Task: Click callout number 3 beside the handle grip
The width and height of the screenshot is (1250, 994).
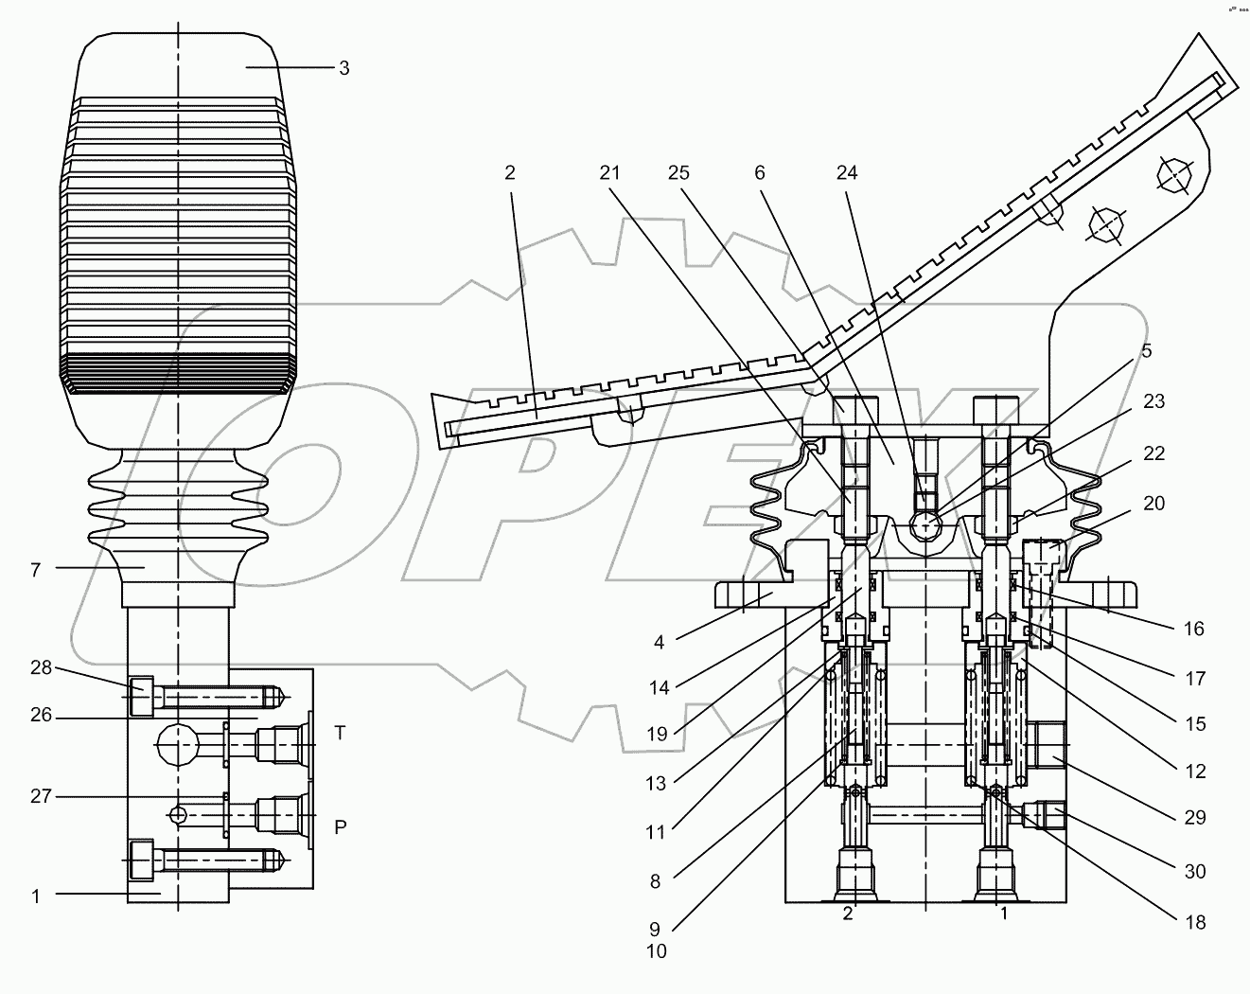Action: (343, 68)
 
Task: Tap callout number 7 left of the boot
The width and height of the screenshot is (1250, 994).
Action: (36, 570)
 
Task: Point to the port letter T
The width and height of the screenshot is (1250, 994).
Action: (341, 733)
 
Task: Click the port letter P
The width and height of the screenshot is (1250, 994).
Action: (341, 825)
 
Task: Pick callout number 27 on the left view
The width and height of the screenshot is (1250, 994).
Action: (40, 796)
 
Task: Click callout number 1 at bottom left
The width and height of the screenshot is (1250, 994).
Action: (36, 896)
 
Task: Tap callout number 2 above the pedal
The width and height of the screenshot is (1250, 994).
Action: (510, 172)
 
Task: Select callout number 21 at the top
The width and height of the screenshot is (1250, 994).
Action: (610, 172)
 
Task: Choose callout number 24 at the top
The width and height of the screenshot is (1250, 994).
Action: (847, 172)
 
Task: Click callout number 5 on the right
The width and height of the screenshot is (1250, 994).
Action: (1146, 351)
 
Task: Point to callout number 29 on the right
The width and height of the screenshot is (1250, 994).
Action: (1195, 817)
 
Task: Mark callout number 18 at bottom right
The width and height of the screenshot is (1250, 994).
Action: (1195, 921)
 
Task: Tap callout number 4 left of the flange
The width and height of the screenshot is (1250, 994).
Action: (659, 643)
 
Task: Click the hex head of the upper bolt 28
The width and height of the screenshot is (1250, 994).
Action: (141, 698)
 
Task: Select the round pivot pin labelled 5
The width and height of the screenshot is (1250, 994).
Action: (925, 524)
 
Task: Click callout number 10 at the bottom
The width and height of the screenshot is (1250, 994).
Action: (656, 951)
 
